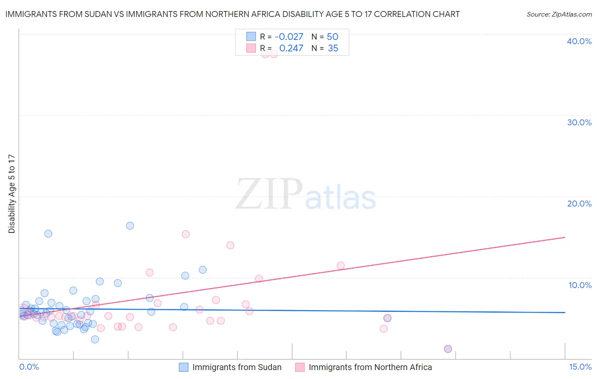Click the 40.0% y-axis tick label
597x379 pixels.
coord(579,41)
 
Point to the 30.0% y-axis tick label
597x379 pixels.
coord(579,122)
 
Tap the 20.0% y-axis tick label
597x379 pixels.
coord(579,204)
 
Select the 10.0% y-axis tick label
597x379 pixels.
coord(580,285)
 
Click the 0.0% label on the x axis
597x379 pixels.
coord(29,367)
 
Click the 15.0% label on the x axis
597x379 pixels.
coord(580,367)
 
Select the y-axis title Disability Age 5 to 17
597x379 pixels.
coord(12,194)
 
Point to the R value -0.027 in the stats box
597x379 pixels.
coord(289,37)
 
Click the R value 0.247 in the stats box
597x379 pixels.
coord(291,48)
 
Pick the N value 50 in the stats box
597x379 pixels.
coord(332,37)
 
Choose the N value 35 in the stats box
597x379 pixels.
coord(333,48)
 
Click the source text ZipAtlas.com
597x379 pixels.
coord(559,14)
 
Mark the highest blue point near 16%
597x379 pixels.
coord(130,226)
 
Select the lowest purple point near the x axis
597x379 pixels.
coord(448,349)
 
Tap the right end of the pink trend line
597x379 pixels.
coord(565,237)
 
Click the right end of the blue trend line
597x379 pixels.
coord(565,312)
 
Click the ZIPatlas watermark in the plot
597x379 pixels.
coord(306,195)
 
